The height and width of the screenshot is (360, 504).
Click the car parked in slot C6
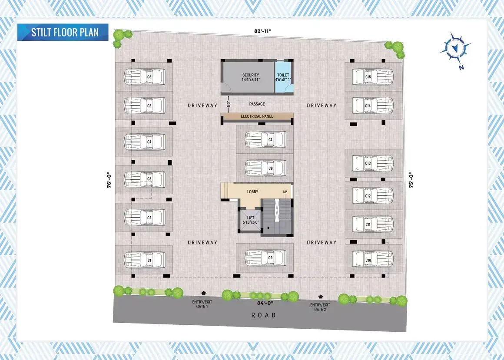click(145, 77)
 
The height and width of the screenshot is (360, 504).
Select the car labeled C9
click(265, 258)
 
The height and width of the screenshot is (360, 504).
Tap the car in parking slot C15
click(373, 77)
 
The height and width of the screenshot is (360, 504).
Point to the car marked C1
click(145, 260)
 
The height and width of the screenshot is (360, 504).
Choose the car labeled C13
click(373, 163)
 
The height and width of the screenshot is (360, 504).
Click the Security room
click(248, 77)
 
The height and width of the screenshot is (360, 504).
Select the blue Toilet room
click(284, 77)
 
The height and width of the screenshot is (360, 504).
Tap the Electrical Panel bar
click(257, 116)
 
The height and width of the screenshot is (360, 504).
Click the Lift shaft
click(250, 220)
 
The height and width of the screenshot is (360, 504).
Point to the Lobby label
click(252, 192)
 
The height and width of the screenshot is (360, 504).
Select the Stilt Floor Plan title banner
click(63, 32)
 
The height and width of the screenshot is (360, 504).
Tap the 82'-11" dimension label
click(262, 31)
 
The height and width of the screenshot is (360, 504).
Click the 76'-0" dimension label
click(109, 180)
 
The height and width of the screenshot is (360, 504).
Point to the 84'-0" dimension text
click(265, 303)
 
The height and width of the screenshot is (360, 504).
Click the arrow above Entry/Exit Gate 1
click(203, 293)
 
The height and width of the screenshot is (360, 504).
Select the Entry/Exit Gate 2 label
click(320, 307)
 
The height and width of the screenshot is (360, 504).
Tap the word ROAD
click(264, 315)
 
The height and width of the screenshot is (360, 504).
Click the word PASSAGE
click(257, 104)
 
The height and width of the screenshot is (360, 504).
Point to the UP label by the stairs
click(285, 192)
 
